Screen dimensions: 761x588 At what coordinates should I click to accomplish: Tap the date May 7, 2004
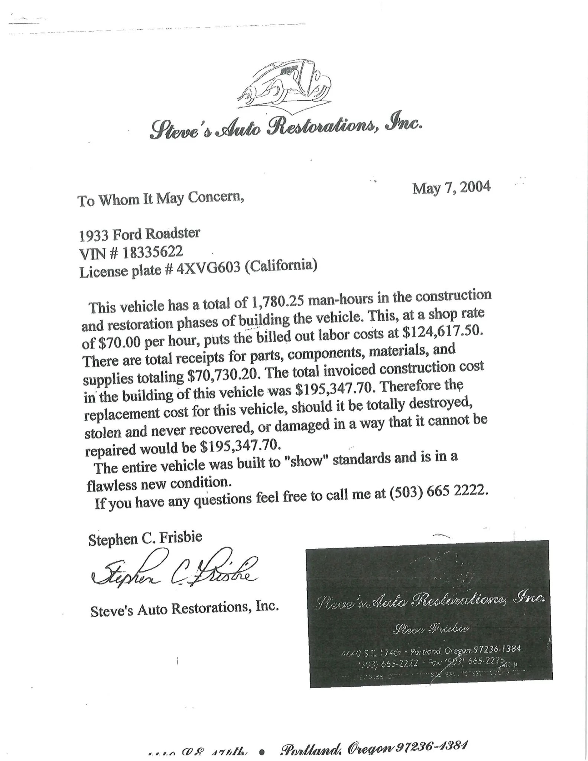click(x=451, y=188)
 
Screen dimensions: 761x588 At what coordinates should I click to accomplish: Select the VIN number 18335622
click(x=153, y=252)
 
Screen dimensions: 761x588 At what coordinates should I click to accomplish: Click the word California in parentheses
click(x=281, y=266)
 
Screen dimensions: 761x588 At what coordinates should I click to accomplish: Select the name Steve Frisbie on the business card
click(x=431, y=629)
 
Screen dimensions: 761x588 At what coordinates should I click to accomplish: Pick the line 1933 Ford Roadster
click(x=140, y=234)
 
